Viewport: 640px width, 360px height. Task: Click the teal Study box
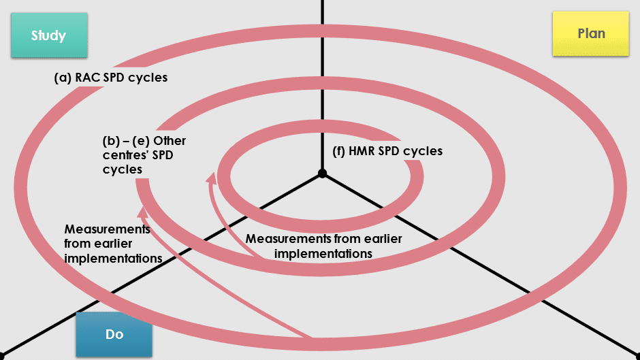(49, 35)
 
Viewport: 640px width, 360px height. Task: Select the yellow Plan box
(590, 33)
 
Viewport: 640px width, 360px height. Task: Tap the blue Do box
(114, 334)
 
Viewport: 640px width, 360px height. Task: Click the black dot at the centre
(323, 174)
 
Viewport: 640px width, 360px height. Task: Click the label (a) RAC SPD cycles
(110, 78)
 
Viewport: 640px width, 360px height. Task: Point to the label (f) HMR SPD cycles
(387, 151)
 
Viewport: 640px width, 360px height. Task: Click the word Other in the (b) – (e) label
(170, 141)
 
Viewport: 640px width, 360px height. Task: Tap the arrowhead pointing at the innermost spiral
(212, 178)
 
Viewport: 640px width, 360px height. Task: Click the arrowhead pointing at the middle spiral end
(142, 212)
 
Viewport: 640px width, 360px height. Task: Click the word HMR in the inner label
(362, 151)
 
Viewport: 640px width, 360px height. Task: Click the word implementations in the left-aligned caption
(113, 259)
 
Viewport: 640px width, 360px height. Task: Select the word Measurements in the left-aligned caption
(108, 229)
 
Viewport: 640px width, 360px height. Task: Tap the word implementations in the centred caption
(323, 254)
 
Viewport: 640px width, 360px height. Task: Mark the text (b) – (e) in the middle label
(126, 141)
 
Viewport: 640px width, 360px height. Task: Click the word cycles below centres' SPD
(123, 169)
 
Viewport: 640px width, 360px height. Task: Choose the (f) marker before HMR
(339, 151)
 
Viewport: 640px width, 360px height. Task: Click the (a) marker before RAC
(63, 78)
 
